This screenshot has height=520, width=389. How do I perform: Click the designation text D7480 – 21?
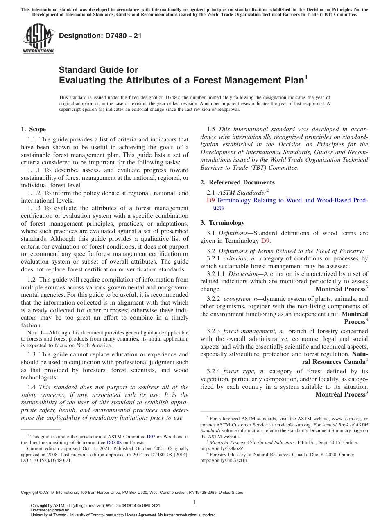pos(100,36)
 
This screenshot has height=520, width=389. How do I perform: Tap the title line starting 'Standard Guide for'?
pos(99,70)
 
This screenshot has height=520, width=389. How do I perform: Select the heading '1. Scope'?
pos(34,130)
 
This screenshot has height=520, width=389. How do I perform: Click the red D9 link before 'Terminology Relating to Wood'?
pos(210,200)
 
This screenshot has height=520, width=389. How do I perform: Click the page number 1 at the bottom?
pos(194,502)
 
